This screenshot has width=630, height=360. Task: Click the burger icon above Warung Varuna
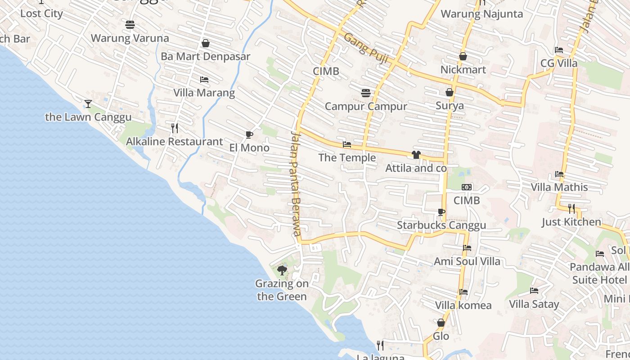point(130,24)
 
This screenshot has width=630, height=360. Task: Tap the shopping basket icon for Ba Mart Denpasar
point(206,43)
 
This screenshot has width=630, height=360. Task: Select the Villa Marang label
point(204,93)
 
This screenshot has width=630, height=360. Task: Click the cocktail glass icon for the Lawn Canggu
point(88,104)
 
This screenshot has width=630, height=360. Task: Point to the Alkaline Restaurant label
point(174,142)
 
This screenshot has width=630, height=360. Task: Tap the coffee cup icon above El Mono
point(249,135)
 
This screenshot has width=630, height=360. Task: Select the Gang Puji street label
point(365,48)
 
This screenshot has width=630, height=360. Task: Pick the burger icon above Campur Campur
point(366,93)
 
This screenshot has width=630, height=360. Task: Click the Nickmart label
point(463,70)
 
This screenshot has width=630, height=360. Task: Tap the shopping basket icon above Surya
point(450,92)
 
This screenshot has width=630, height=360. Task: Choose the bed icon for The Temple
point(347,144)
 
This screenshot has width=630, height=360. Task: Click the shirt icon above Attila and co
point(416,155)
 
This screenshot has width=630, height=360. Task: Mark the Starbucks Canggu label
point(441,225)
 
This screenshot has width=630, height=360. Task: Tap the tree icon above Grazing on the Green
point(282,270)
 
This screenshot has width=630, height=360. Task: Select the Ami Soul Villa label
point(467,261)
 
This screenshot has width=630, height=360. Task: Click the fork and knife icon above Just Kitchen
point(571,208)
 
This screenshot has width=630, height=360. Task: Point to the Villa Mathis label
point(559,187)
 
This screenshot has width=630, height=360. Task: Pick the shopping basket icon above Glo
point(441,323)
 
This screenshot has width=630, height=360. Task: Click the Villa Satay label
point(534,305)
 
